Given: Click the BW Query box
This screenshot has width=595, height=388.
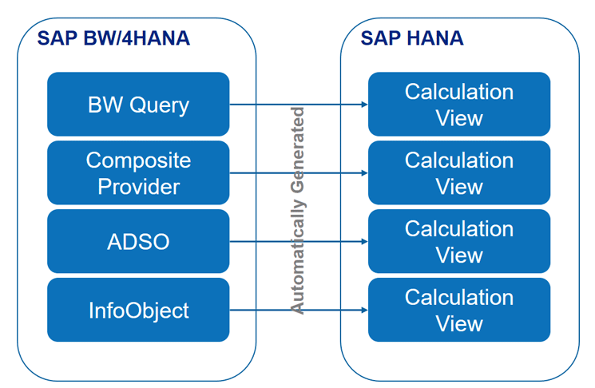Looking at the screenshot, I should (138, 104).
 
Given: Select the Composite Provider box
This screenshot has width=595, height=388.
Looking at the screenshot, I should (138, 172).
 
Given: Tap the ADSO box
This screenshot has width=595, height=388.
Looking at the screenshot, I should (138, 241).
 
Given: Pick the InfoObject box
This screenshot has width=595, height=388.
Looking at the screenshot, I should (138, 310).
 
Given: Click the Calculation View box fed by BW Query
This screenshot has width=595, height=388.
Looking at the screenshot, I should (459, 104).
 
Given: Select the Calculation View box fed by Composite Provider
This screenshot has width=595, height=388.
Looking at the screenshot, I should (459, 172).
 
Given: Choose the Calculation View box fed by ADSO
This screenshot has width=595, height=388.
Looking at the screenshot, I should (459, 241).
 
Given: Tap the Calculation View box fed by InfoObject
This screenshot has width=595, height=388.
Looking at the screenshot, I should (459, 310).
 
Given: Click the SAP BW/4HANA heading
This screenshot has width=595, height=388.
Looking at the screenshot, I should (113, 38).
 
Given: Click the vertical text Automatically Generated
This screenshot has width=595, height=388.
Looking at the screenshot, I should (297, 209).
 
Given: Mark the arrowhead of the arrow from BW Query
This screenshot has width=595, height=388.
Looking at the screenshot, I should (363, 105).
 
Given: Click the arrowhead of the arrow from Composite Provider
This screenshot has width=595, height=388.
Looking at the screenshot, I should (363, 173).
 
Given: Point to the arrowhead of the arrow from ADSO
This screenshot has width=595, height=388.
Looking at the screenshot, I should (363, 242).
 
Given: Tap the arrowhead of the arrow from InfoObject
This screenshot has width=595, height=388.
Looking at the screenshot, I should (363, 311).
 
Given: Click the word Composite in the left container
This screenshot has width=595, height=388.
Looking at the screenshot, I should (138, 160).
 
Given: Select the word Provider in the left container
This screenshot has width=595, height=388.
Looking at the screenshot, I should (138, 187).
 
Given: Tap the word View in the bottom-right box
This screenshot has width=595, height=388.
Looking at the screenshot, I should (459, 324).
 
